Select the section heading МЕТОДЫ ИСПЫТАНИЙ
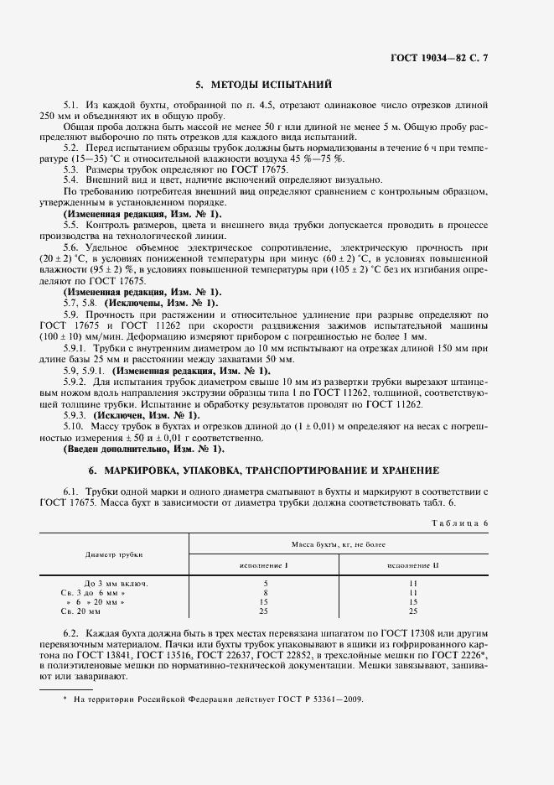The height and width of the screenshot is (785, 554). click(264, 85)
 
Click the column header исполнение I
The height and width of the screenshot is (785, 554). click(265, 565)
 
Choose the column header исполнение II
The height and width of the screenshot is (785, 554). click(413, 565)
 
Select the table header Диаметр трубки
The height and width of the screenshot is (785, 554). click(114, 554)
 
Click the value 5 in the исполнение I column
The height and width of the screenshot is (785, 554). click(265, 583)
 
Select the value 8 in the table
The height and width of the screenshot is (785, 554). click(265, 592)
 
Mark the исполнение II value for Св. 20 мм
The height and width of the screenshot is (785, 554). click(413, 611)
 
